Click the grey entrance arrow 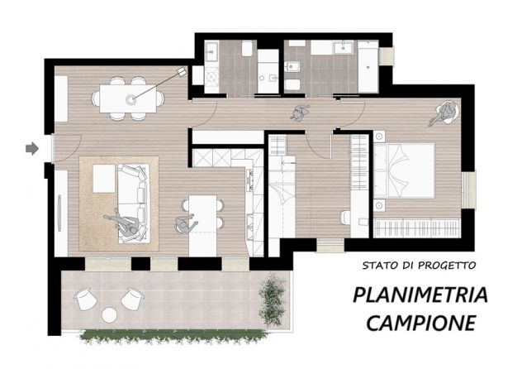pyautogui.click(x=32, y=148)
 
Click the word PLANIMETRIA pyautogui.click(x=420, y=295)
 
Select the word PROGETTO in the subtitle pyautogui.click(x=447, y=266)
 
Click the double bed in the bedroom pyautogui.click(x=404, y=170)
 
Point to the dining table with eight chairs pyautogui.click(x=128, y=98)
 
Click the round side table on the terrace pyautogui.click(x=109, y=314)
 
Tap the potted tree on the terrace pyautogui.click(x=273, y=299)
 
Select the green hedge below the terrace pyautogui.click(x=173, y=335)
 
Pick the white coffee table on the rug pyautogui.click(x=104, y=179)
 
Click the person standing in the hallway pyautogui.click(x=301, y=113)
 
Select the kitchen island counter pyautogui.click(x=202, y=226)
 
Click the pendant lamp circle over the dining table pyautogui.click(x=130, y=99)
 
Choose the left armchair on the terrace pyautogui.click(x=86, y=299)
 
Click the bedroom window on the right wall pyautogui.click(x=469, y=189)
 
